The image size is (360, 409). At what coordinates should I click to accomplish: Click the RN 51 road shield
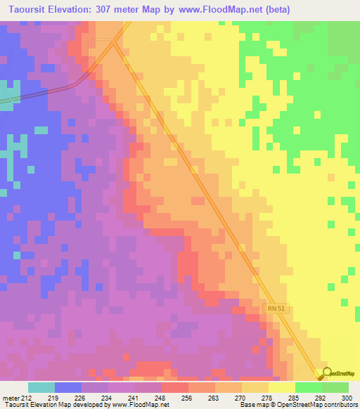point(278,308)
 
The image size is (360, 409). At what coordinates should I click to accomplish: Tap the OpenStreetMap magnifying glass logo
point(325,375)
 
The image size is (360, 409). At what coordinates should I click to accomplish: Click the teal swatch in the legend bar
point(41,387)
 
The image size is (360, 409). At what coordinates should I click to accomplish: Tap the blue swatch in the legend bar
point(68,387)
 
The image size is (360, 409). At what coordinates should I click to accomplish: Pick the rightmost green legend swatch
point(335,387)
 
